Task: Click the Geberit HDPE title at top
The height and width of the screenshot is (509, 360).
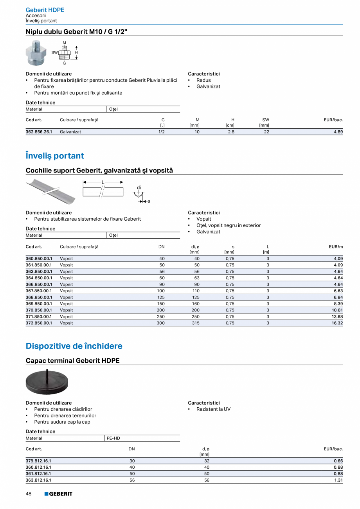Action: (45, 10)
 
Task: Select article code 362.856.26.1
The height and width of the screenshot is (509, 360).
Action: (39, 132)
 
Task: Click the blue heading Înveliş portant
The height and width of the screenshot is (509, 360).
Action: (55, 156)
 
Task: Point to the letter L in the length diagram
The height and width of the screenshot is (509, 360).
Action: (103, 182)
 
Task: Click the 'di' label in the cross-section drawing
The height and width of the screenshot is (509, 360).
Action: (139, 187)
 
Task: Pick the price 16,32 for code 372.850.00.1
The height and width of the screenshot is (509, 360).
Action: (337, 323)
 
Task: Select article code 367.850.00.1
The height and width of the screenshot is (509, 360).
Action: (39, 291)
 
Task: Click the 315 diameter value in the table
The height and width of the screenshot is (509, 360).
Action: (196, 323)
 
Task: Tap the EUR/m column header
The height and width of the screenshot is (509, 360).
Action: (336, 246)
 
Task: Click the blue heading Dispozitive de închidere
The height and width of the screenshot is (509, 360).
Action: (74, 346)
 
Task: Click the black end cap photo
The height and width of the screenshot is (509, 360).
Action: (47, 381)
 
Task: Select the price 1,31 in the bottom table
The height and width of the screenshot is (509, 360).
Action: (338, 480)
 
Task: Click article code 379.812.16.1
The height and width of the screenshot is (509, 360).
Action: (38, 461)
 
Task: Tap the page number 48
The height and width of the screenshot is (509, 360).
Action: (29, 494)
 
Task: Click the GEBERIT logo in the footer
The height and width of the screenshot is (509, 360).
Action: (58, 494)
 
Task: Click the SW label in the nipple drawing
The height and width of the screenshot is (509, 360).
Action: (54, 52)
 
